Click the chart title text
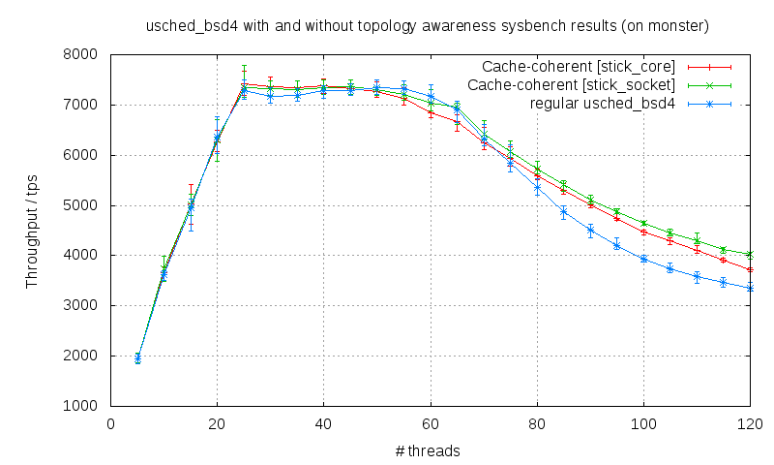pos(427,26)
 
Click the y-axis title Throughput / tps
pos(32,230)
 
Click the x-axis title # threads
pos(429,450)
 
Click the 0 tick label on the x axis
pos(110,423)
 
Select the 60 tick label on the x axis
pos(431,423)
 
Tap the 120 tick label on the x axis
pos(750,423)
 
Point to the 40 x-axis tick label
pos(324,423)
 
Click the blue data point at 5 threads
pos(137,357)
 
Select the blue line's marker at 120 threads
pos(750,288)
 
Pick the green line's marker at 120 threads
pos(750,254)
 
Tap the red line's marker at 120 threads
pos(750,269)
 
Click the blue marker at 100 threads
pos(643,259)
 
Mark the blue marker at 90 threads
pos(590,231)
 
